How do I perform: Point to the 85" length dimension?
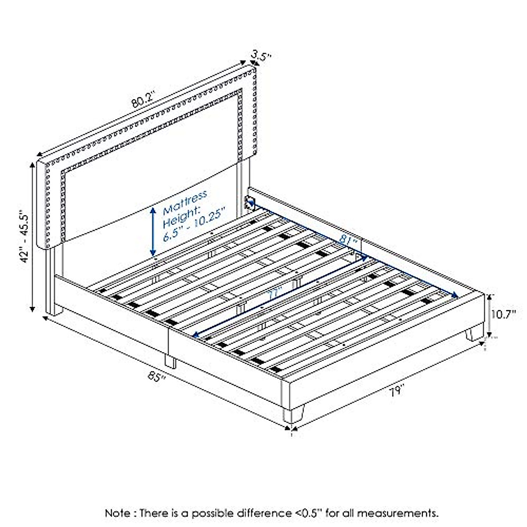158,376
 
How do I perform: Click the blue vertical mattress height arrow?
153,231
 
